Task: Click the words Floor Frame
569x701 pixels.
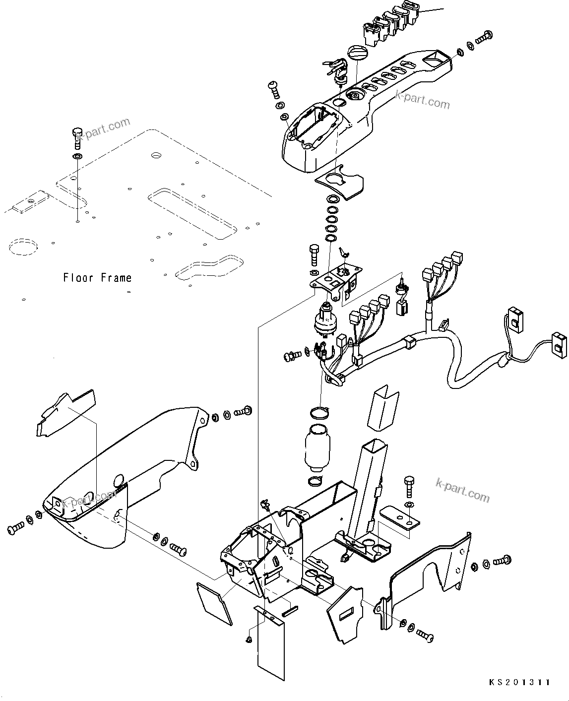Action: tap(97, 278)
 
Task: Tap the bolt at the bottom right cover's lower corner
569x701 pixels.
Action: tap(425, 633)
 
